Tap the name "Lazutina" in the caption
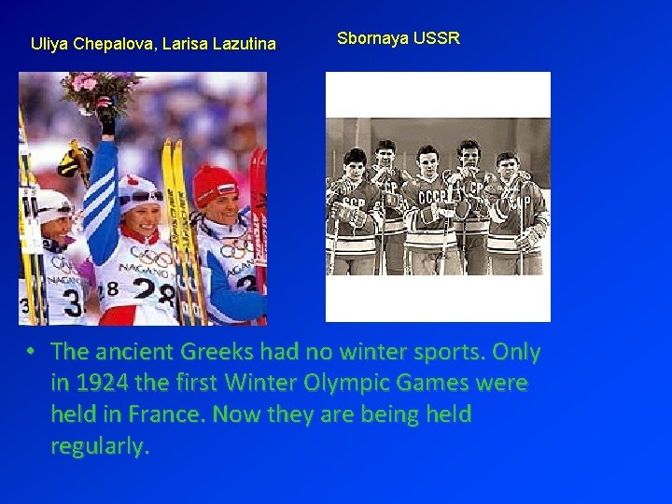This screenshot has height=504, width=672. pos(245,43)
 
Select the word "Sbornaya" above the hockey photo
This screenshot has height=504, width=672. pos(371,38)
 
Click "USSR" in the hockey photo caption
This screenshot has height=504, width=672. pos(438,38)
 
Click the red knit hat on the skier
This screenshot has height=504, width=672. pos(216,183)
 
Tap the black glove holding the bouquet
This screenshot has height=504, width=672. pos(106,119)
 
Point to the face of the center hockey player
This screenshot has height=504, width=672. pos(428,164)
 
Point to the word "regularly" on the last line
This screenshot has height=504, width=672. pos(98,445)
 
